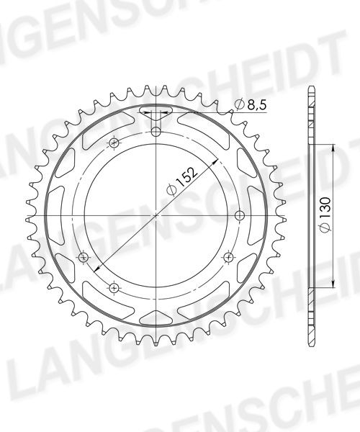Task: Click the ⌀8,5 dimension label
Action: pos(250,104)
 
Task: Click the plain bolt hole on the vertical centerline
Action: pos(156,132)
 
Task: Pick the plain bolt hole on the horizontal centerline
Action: pos(240,215)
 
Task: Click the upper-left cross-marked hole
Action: pos(114,143)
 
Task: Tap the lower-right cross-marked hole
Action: pos(229,257)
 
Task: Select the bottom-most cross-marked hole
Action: pos(114,288)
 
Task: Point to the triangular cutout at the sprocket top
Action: pos(156,112)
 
